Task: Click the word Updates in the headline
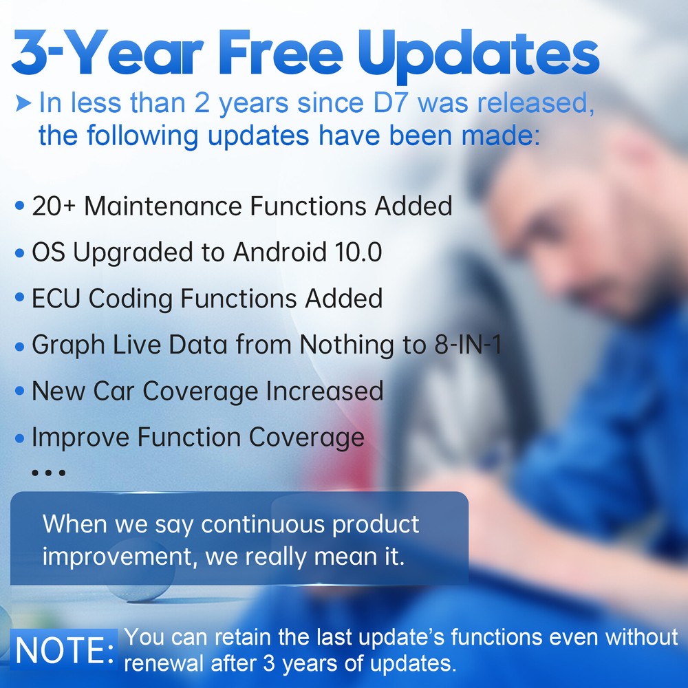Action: (x=479, y=55)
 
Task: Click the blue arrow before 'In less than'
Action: (x=23, y=104)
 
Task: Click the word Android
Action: (x=280, y=252)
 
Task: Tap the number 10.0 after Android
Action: (x=358, y=252)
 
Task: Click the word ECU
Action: (x=56, y=299)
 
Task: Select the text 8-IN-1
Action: (x=468, y=345)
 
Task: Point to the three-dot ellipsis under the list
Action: (x=49, y=473)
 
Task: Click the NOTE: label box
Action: (x=64, y=649)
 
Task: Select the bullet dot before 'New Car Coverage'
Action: (x=19, y=391)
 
